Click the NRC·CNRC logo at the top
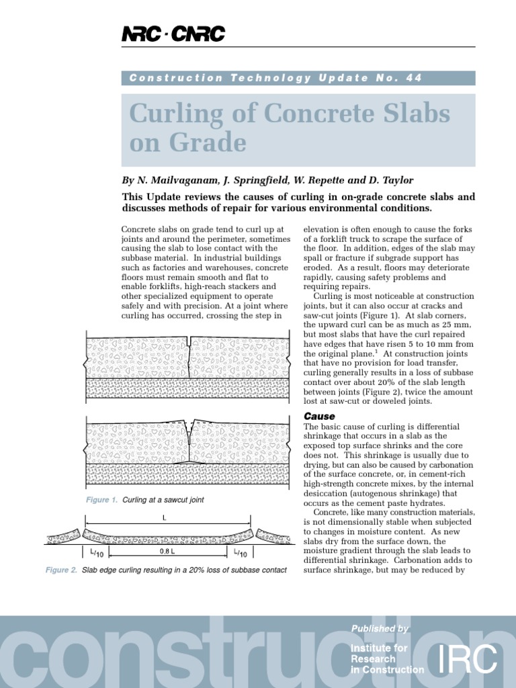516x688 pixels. coord(173,34)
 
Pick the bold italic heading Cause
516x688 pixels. coord(319,417)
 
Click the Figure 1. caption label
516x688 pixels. coord(101,500)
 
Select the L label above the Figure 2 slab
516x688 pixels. coord(164,518)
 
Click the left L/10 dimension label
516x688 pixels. coord(95,553)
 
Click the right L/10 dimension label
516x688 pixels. coord(240,553)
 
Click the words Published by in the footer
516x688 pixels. coord(380,628)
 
